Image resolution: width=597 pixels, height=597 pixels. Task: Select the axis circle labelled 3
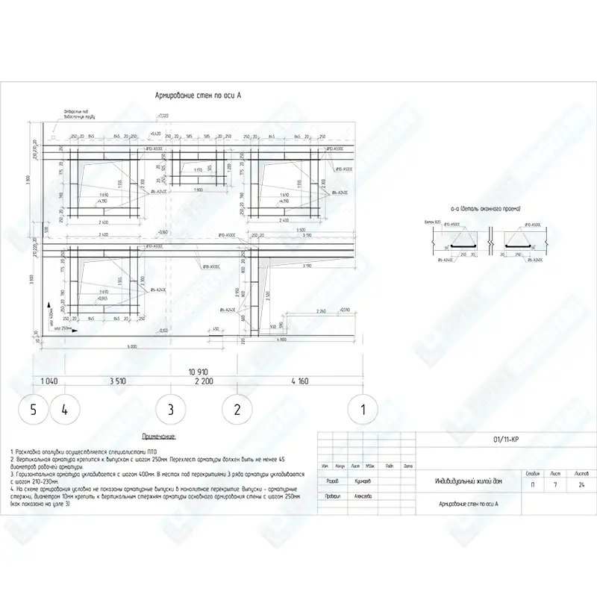tap(170, 409)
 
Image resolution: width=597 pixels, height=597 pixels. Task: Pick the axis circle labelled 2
tap(237, 409)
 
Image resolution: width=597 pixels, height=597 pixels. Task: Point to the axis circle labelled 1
tap(363, 409)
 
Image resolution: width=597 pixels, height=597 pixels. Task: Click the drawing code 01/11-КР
tap(507, 440)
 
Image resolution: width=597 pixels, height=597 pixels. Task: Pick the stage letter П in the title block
tap(531, 485)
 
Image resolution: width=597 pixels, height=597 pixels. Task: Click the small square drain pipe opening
tap(54, 137)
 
